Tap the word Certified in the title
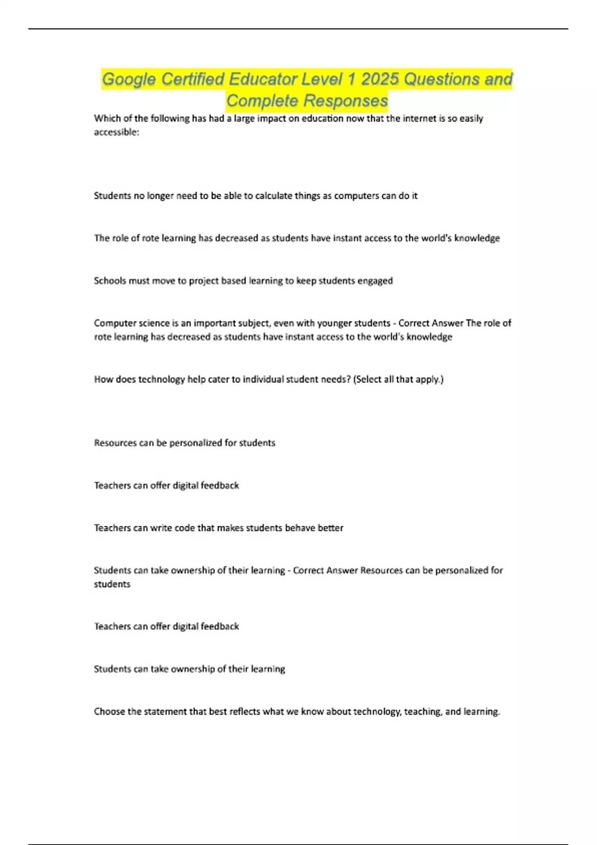(x=194, y=79)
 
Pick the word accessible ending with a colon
(x=116, y=132)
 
